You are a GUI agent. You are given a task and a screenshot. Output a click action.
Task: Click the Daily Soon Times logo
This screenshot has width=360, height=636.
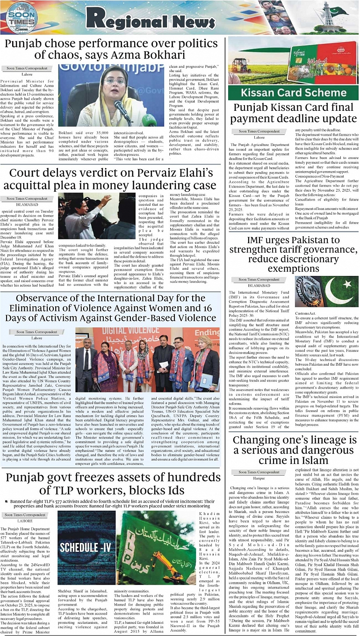click(x=21, y=18)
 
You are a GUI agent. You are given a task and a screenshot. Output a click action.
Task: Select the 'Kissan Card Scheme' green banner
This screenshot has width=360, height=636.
click(x=293, y=92)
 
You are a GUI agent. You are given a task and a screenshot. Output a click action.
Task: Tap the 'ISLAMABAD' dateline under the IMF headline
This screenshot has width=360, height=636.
click(x=259, y=285)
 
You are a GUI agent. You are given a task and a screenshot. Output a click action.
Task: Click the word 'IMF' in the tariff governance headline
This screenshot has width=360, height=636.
click(x=258, y=241)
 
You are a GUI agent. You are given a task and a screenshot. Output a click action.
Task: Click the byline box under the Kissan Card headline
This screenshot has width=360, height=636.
click(x=259, y=131)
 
